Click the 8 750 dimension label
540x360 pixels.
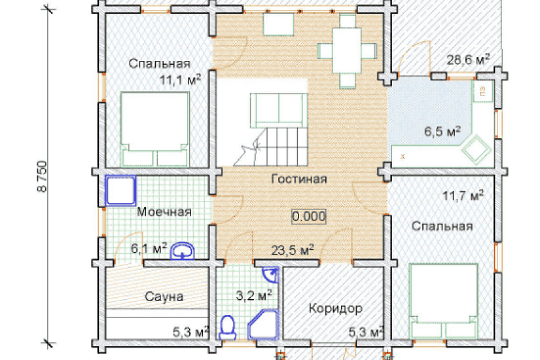click(42, 176)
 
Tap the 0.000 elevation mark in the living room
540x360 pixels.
click(309, 217)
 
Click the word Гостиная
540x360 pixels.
click(299, 179)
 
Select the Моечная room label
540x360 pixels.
click(164, 211)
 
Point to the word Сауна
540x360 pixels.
click(164, 297)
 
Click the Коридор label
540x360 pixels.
click(335, 308)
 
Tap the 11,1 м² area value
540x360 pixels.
click(180, 80)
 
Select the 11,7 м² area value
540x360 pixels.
click(463, 196)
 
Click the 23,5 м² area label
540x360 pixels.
click(293, 250)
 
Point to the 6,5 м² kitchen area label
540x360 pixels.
click(442, 131)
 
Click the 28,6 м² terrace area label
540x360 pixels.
click(468, 60)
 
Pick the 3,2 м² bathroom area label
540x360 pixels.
click(254, 295)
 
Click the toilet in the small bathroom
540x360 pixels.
click(227, 328)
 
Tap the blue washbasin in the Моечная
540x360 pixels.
click(183, 251)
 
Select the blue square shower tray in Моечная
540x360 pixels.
click(120, 190)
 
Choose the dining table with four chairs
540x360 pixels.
click(347, 50)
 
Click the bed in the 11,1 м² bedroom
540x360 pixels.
click(155, 129)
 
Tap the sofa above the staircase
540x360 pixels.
click(279, 110)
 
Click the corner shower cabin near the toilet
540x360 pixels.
click(263, 324)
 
